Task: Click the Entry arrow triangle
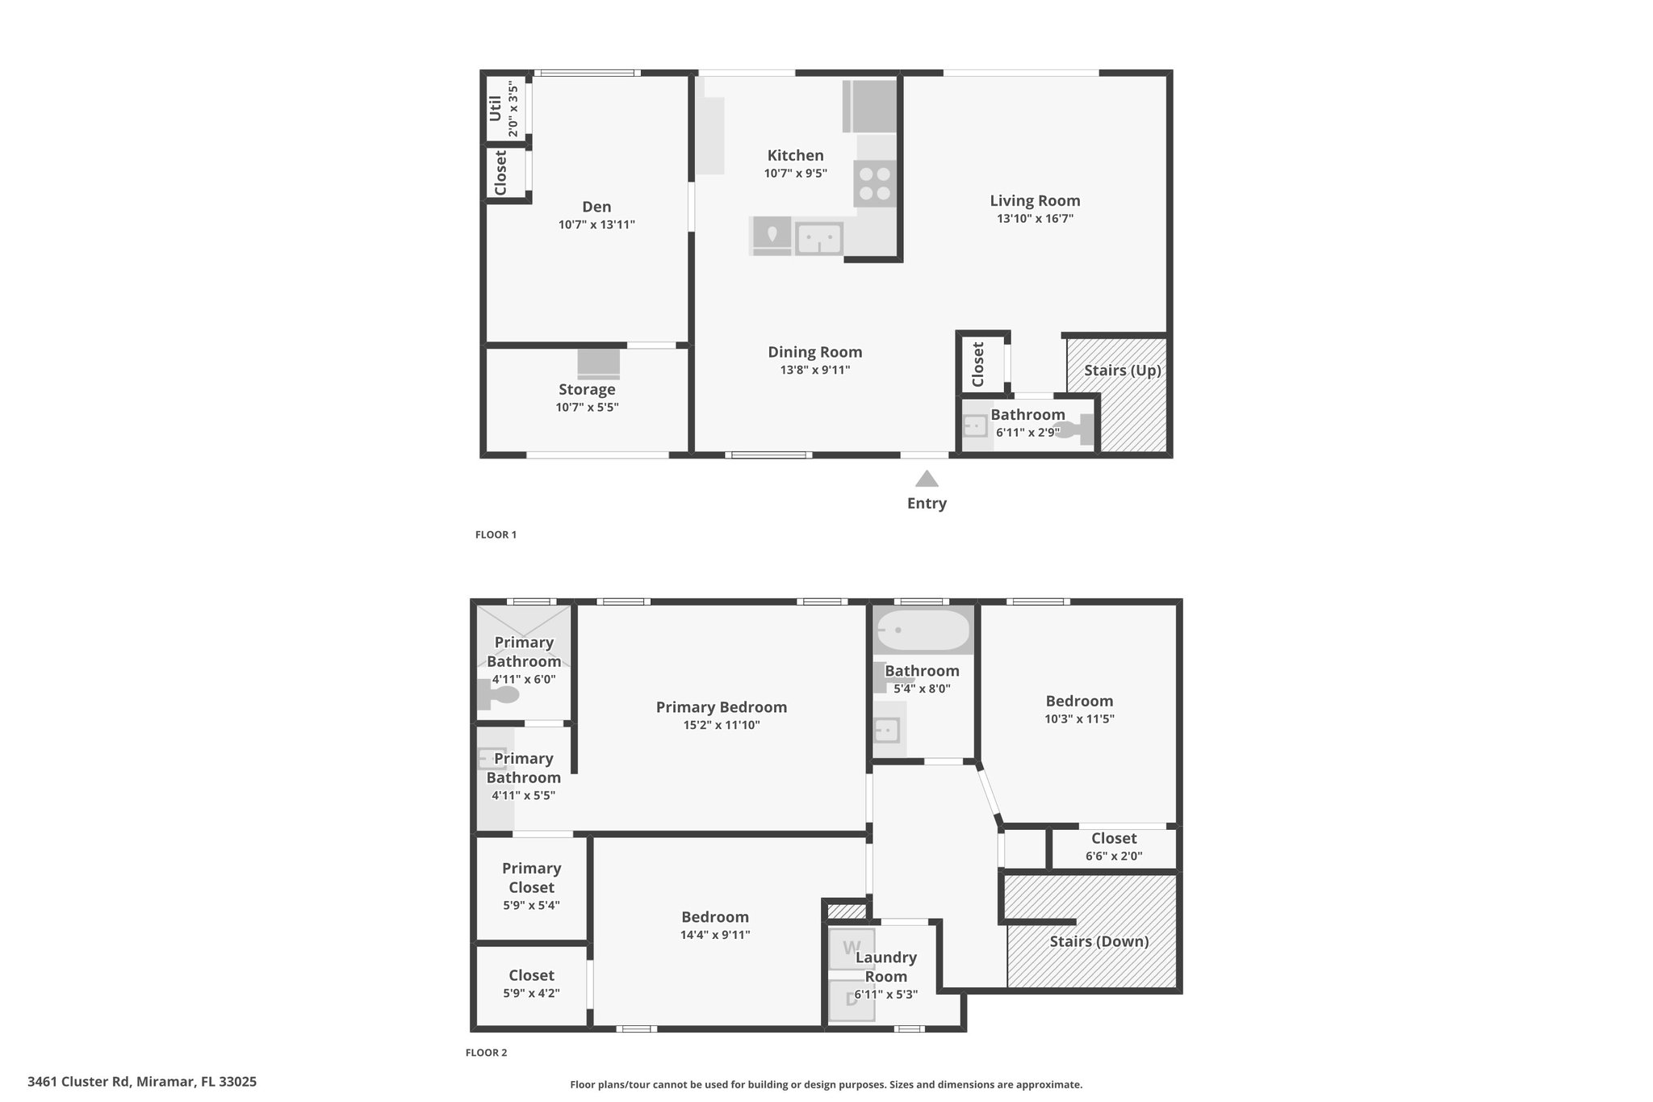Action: pos(927,479)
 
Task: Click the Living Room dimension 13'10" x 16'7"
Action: pos(1035,219)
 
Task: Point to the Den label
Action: pos(596,207)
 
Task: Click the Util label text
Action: pos(495,108)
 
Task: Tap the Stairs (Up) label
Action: pos(1122,371)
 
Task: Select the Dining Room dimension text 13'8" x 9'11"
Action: pos(814,371)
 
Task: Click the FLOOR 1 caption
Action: pos(496,534)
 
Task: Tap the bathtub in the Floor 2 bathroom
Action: pos(923,631)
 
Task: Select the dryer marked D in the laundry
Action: pos(852,1000)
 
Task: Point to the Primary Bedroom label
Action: pos(722,707)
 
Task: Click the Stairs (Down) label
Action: pos(1099,941)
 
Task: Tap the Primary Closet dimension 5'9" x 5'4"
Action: pos(531,906)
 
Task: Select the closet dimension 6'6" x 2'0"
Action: pos(1114,857)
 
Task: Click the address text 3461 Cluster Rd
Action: pos(78,1081)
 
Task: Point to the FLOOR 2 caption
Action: pos(487,1053)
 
